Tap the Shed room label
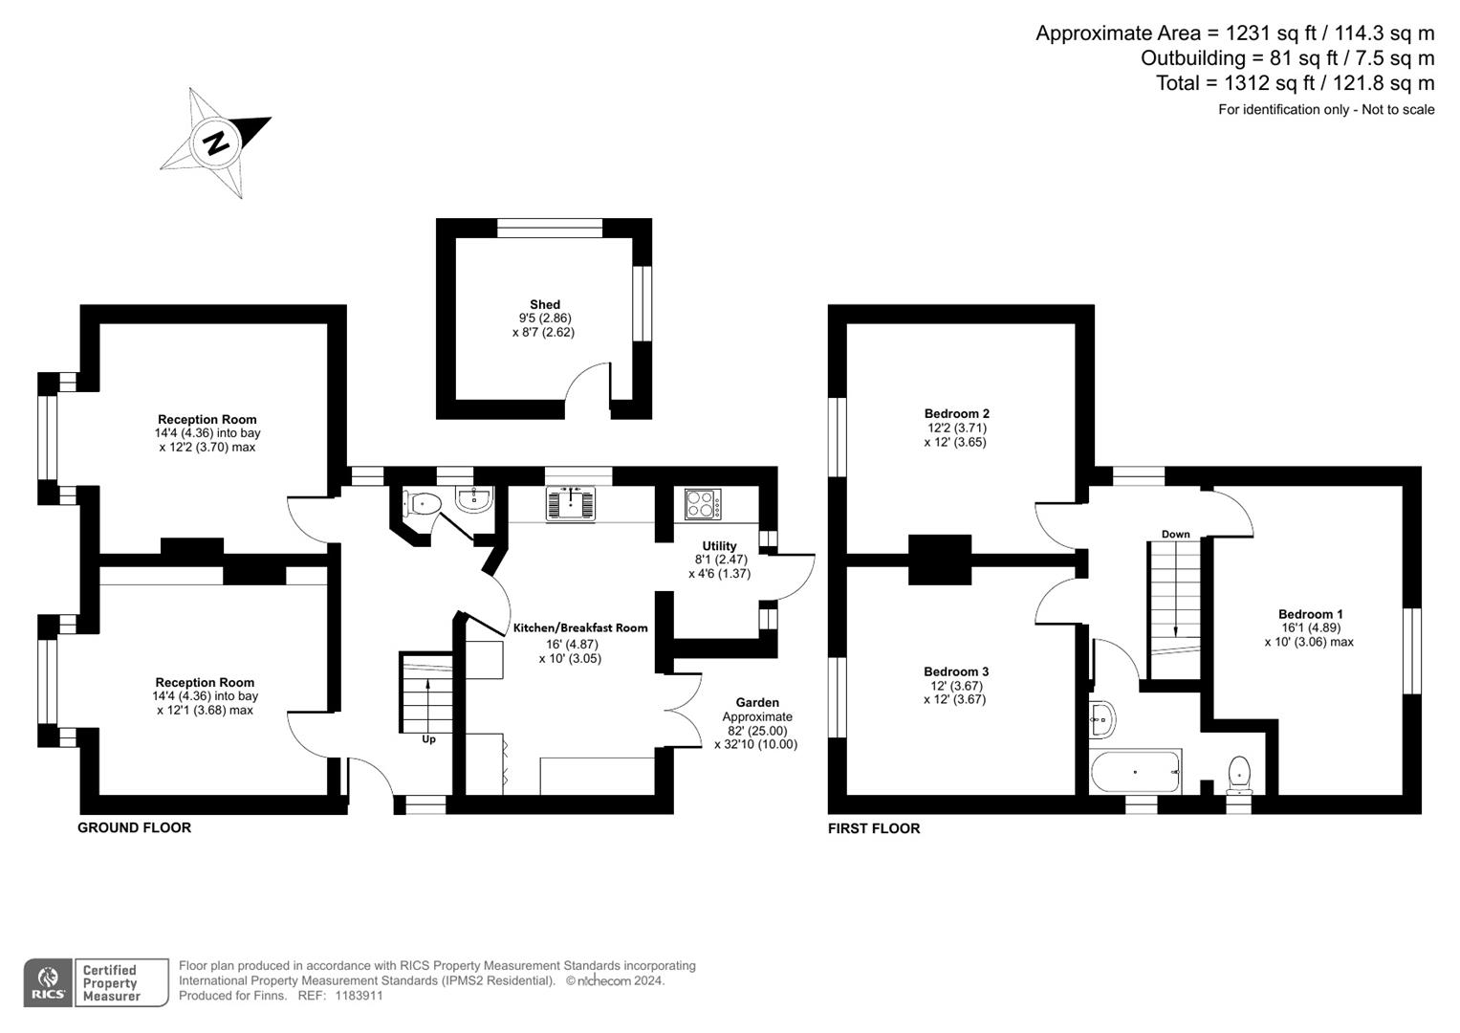pyautogui.click(x=545, y=305)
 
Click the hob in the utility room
pyautogui.click(x=704, y=504)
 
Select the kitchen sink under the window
pyautogui.click(x=571, y=503)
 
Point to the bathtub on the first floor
pyautogui.click(x=1136, y=771)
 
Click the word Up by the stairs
pyautogui.click(x=428, y=739)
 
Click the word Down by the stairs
pyautogui.click(x=1175, y=534)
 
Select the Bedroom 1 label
pyautogui.click(x=1310, y=614)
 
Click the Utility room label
pyautogui.click(x=719, y=546)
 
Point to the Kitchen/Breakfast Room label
pyautogui.click(x=580, y=628)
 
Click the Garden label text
pyautogui.click(x=757, y=702)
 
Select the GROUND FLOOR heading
pyautogui.click(x=134, y=828)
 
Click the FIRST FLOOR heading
pyautogui.click(x=874, y=829)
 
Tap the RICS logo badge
pyautogui.click(x=47, y=982)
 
